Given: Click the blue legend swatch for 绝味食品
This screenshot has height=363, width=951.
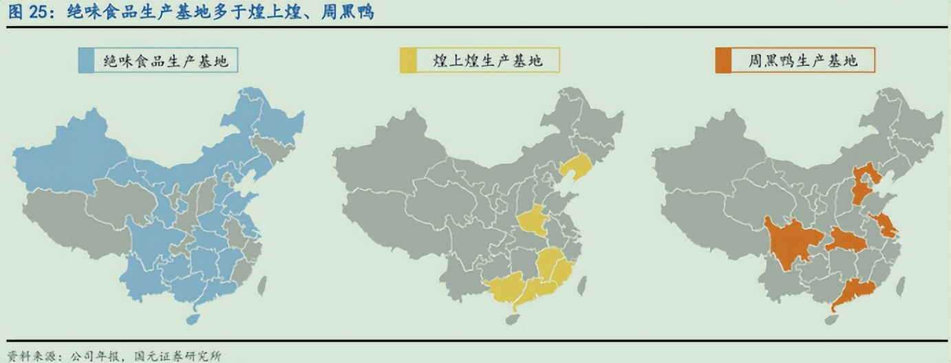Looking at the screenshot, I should [86, 60].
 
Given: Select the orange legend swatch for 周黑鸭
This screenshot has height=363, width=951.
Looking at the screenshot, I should [724, 60].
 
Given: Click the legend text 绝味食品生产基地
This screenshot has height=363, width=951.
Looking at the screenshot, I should [165, 60].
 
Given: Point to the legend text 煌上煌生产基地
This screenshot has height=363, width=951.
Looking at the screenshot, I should [489, 60].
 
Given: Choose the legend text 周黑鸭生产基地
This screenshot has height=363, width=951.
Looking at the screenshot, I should [803, 60].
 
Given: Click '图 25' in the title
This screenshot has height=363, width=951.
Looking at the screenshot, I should [26, 12].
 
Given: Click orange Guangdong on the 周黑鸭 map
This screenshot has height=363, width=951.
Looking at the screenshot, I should [853, 292].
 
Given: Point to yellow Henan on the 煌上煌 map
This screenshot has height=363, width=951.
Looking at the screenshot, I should [532, 220].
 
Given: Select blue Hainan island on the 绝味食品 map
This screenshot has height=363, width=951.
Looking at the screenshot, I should [193, 318].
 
